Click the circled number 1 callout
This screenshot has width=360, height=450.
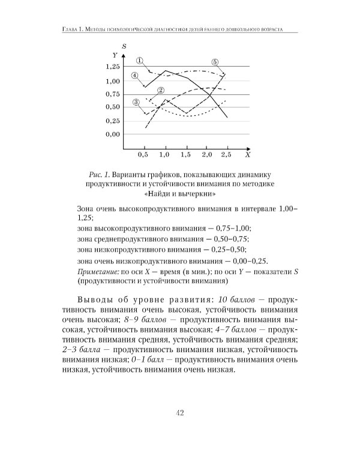tap(139, 60)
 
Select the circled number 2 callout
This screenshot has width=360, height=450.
tap(161, 91)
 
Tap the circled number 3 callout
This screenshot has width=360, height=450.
tap(136, 102)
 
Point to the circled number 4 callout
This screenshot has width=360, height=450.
tap(135, 76)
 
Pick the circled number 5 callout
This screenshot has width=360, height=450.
tap(215, 62)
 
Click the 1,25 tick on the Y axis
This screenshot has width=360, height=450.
tap(112, 67)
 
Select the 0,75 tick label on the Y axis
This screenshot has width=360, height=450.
tap(112, 94)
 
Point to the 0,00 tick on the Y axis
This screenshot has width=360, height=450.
tap(112, 134)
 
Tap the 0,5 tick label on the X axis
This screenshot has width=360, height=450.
tap(143, 155)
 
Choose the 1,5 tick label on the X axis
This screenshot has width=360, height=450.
tap(185, 155)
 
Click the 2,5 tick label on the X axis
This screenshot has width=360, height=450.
tap(226, 155)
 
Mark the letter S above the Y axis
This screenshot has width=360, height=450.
tap(123, 46)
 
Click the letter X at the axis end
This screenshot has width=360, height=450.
tap(246, 155)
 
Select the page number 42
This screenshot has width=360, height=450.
tap(180, 412)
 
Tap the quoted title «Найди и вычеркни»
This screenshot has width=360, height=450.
tap(179, 194)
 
